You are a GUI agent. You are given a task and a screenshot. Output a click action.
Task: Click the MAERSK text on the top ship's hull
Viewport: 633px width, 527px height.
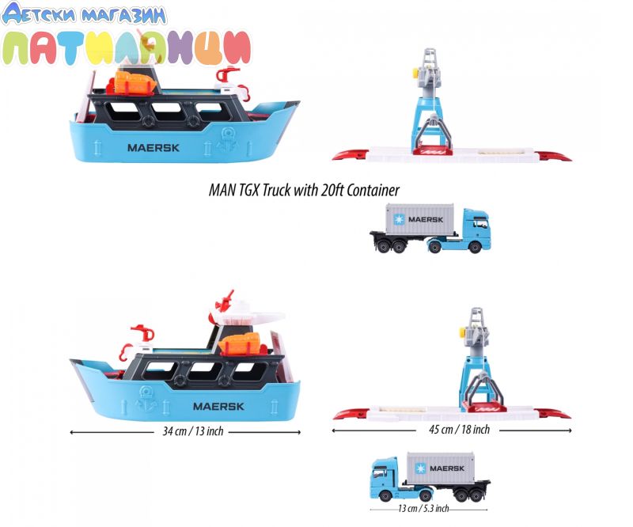(x=154, y=148)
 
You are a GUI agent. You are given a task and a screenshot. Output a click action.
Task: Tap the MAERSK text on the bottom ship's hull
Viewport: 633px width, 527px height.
(x=219, y=406)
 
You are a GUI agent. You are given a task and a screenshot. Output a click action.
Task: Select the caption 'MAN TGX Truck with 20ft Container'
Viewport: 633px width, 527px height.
(x=304, y=190)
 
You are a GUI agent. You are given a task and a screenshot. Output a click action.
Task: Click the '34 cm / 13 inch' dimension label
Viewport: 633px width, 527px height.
(x=193, y=431)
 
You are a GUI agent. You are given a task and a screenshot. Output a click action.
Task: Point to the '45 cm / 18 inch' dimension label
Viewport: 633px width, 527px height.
(x=460, y=429)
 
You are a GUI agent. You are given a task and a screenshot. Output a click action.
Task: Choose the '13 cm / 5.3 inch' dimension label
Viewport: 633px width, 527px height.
(x=423, y=509)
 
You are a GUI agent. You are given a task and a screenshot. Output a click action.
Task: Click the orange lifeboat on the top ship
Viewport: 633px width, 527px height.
(x=135, y=82)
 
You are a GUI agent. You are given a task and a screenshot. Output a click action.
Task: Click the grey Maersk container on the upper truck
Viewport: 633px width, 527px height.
(x=420, y=219)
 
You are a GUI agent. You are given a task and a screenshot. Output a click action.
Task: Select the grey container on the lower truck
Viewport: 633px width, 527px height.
(x=441, y=468)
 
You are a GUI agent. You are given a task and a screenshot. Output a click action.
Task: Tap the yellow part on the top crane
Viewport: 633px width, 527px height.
(x=415, y=73)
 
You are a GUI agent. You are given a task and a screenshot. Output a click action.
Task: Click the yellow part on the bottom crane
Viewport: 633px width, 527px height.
(x=463, y=332)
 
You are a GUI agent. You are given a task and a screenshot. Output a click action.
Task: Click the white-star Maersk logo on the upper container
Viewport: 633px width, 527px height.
(x=399, y=219)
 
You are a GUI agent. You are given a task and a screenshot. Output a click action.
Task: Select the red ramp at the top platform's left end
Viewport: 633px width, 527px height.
(x=350, y=154)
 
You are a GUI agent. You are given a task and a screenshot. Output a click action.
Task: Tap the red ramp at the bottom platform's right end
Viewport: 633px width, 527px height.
(x=553, y=414)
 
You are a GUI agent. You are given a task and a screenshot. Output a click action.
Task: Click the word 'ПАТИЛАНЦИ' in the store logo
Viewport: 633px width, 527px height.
(x=127, y=47)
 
